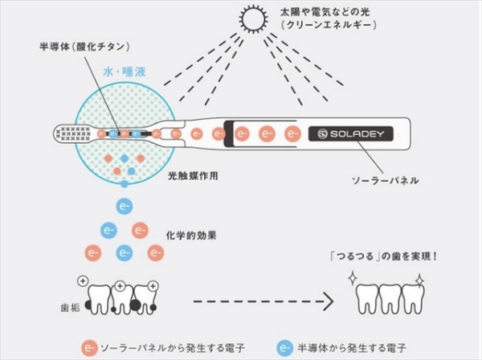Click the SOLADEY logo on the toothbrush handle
[x=346, y=132]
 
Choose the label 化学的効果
[x=190, y=237]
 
